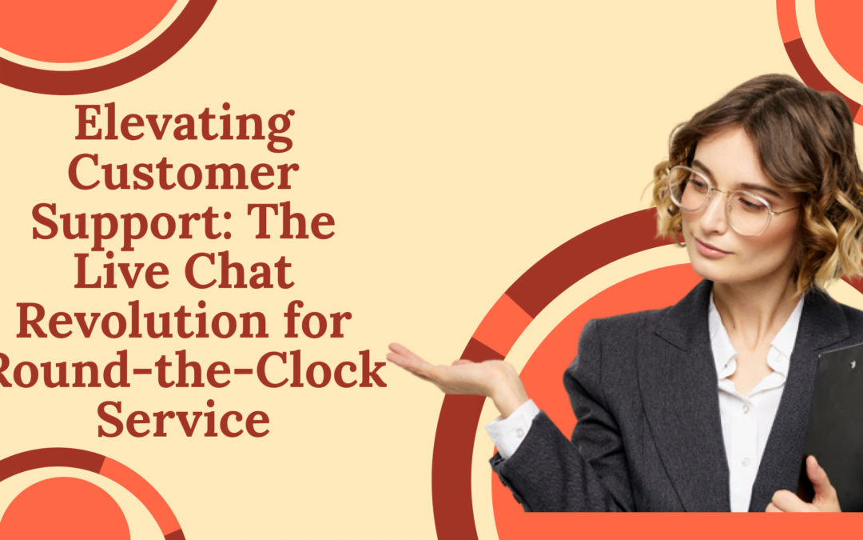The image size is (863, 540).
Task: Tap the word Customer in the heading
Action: click(183, 174)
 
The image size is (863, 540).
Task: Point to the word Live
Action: click(114, 274)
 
